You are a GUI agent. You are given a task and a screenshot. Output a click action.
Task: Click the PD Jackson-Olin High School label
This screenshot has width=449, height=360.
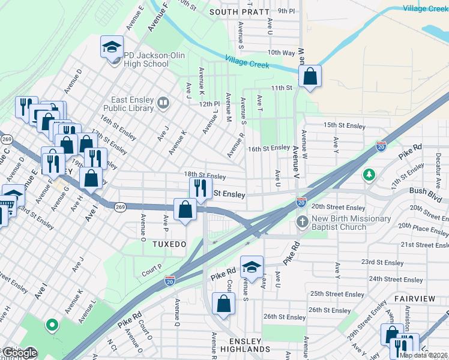146,59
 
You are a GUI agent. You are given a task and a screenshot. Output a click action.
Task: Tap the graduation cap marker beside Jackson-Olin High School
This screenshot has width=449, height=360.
111,49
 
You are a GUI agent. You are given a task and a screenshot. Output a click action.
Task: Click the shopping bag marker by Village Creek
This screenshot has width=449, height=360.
310,77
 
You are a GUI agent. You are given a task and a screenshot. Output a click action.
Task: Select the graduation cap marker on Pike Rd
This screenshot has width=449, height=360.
252,267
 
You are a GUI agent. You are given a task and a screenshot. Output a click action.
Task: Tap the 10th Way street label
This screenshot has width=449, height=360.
281,53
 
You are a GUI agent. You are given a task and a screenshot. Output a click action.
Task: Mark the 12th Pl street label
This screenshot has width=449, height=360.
210,104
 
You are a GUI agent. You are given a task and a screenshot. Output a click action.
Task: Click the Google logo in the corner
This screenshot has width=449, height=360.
19,353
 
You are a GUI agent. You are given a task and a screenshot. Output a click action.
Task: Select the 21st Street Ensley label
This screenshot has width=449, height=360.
424,245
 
